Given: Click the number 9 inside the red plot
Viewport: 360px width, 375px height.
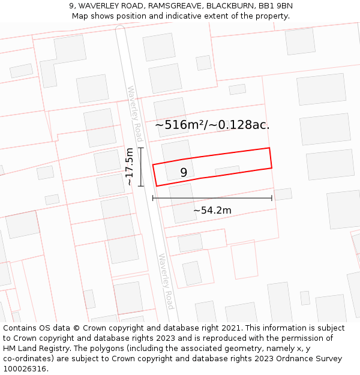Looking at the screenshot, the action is (x=184, y=173).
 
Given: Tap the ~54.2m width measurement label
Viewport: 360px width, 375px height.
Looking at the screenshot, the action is (x=212, y=210).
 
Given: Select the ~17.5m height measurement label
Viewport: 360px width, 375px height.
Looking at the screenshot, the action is (x=130, y=167).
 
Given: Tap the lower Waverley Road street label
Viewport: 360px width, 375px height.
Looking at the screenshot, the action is (x=166, y=281).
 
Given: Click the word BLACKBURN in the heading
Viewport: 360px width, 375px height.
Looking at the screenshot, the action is (x=229, y=6).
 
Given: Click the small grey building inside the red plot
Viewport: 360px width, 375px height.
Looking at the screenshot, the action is (x=227, y=170).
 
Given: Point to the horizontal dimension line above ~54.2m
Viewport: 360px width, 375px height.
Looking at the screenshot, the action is (x=212, y=197).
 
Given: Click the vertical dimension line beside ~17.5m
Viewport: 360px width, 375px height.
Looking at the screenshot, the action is (x=141, y=167).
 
